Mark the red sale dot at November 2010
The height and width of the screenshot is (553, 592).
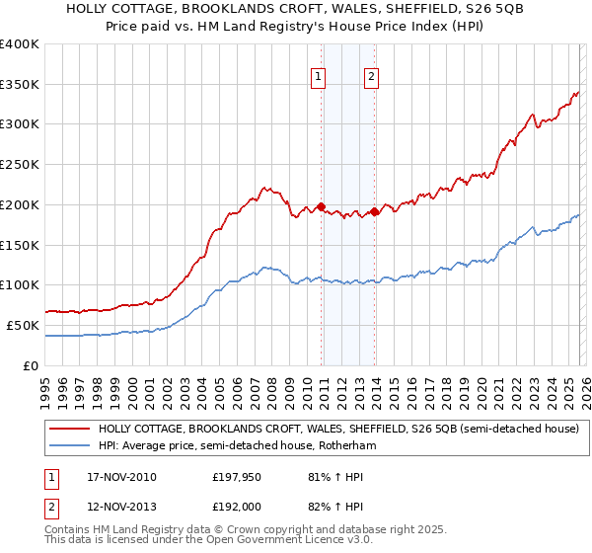[x=322, y=206]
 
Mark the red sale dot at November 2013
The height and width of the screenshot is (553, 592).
[x=374, y=211]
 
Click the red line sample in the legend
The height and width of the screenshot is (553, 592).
[x=69, y=430]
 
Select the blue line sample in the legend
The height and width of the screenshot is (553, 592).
[x=69, y=446]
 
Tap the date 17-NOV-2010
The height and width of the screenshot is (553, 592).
[x=115, y=477]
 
